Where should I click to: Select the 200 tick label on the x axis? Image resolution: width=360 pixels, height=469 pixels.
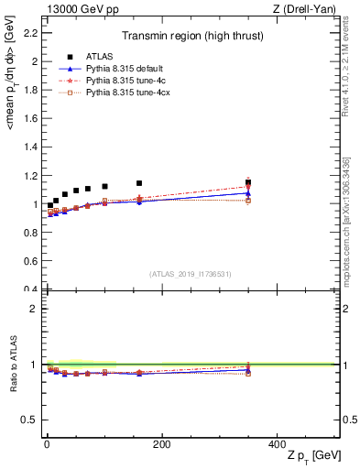point(161,444)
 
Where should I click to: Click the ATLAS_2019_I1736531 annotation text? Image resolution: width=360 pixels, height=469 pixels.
point(190,274)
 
